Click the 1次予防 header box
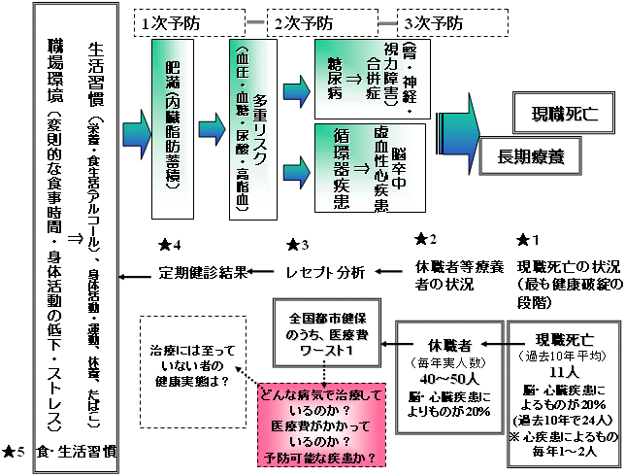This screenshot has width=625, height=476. coord(179,20)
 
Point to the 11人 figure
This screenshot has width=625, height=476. coord(563,372)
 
